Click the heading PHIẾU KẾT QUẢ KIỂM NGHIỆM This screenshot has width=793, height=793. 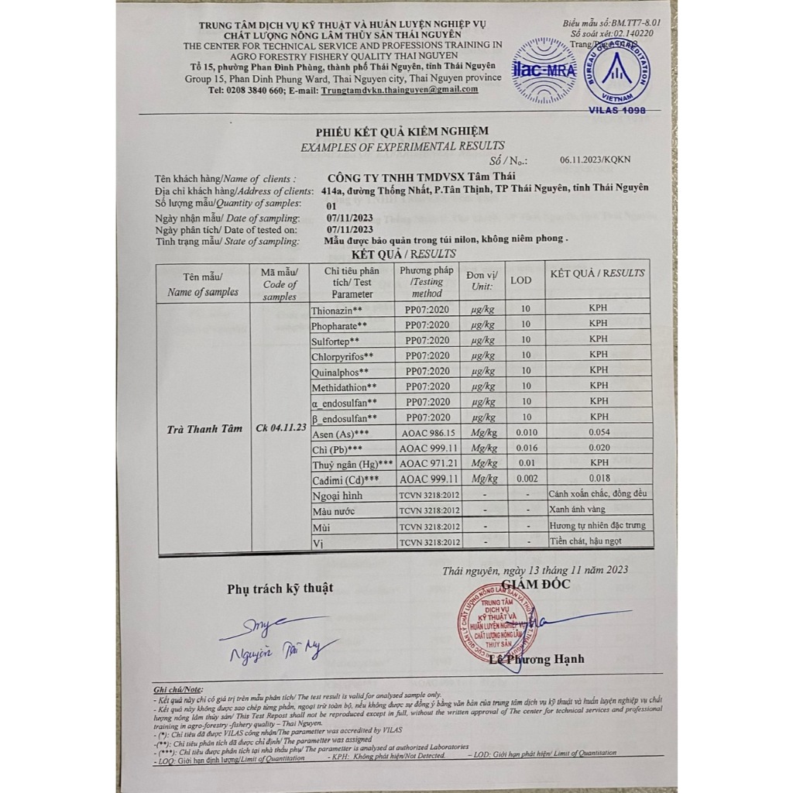point(402,132)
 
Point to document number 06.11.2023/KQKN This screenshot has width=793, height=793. point(595,160)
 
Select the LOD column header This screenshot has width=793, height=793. point(521,280)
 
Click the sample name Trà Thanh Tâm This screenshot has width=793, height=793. point(204,428)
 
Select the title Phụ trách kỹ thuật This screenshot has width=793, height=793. point(280,589)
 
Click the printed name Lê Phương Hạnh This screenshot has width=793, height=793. point(537,659)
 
